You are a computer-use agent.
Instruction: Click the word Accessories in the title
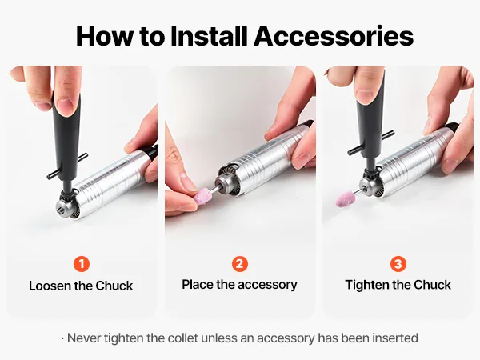(334, 36)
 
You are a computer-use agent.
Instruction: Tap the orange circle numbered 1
(82, 264)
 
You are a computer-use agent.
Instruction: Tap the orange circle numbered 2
(240, 264)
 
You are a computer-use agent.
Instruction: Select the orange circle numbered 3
(398, 264)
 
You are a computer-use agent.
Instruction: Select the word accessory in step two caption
(267, 285)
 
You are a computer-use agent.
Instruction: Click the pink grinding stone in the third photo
(346, 198)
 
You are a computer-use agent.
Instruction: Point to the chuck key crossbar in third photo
(370, 142)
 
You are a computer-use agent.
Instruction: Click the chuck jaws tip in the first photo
(60, 209)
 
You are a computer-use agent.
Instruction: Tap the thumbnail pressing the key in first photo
(66, 107)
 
